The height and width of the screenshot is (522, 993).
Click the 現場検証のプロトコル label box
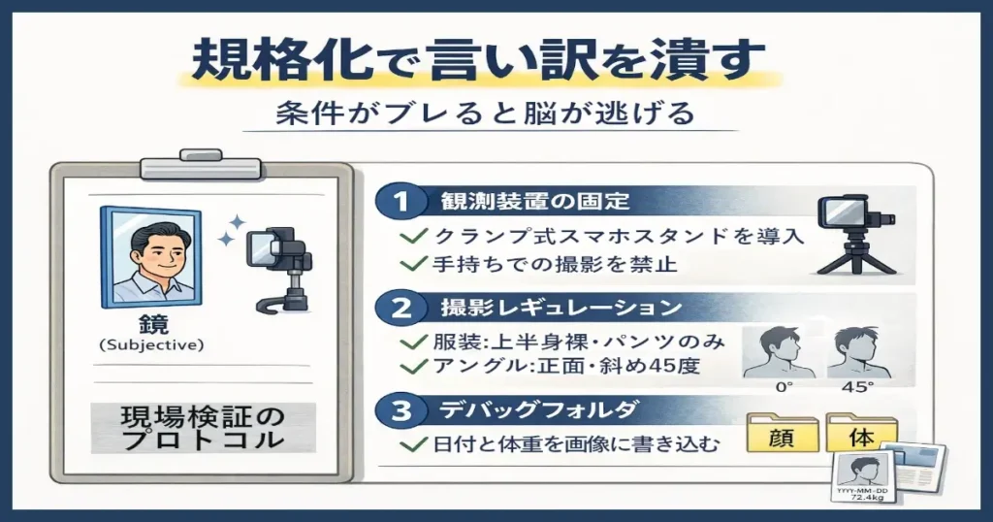tap(203, 428)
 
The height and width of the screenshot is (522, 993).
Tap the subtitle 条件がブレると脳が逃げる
tap(482, 114)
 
